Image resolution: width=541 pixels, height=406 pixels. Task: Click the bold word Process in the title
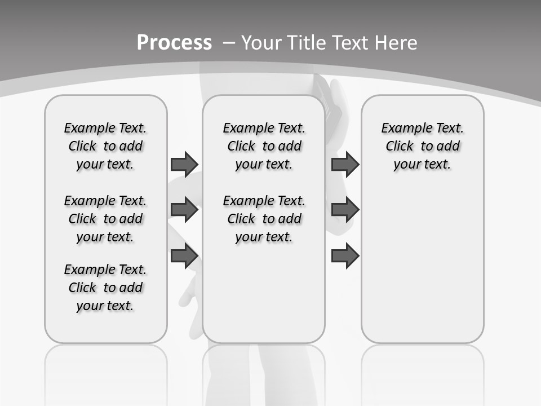coord(174,43)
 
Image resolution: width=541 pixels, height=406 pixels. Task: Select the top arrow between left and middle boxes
coord(184,164)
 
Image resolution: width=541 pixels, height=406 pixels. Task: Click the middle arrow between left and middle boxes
coord(184,210)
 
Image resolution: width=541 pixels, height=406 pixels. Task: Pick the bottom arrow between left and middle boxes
coord(184,256)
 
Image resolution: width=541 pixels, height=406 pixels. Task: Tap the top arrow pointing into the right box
coord(345,164)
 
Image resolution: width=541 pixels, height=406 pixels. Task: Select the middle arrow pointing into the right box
coord(345,210)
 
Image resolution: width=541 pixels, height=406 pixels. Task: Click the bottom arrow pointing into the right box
coord(345,256)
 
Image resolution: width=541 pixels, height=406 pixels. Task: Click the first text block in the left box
coord(105,146)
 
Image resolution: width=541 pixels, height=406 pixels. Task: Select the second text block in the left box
coord(105,219)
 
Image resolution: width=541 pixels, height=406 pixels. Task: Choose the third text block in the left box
coord(105,288)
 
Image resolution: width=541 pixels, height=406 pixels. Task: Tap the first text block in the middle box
coord(264,146)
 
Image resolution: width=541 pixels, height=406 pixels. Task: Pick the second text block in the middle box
coord(264,219)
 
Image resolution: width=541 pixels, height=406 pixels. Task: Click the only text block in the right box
coord(422,146)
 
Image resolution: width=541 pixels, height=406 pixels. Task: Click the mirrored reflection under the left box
coord(106,372)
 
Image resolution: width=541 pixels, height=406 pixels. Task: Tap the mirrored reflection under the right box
coord(422,372)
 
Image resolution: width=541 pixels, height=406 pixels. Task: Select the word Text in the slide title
coord(350,43)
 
